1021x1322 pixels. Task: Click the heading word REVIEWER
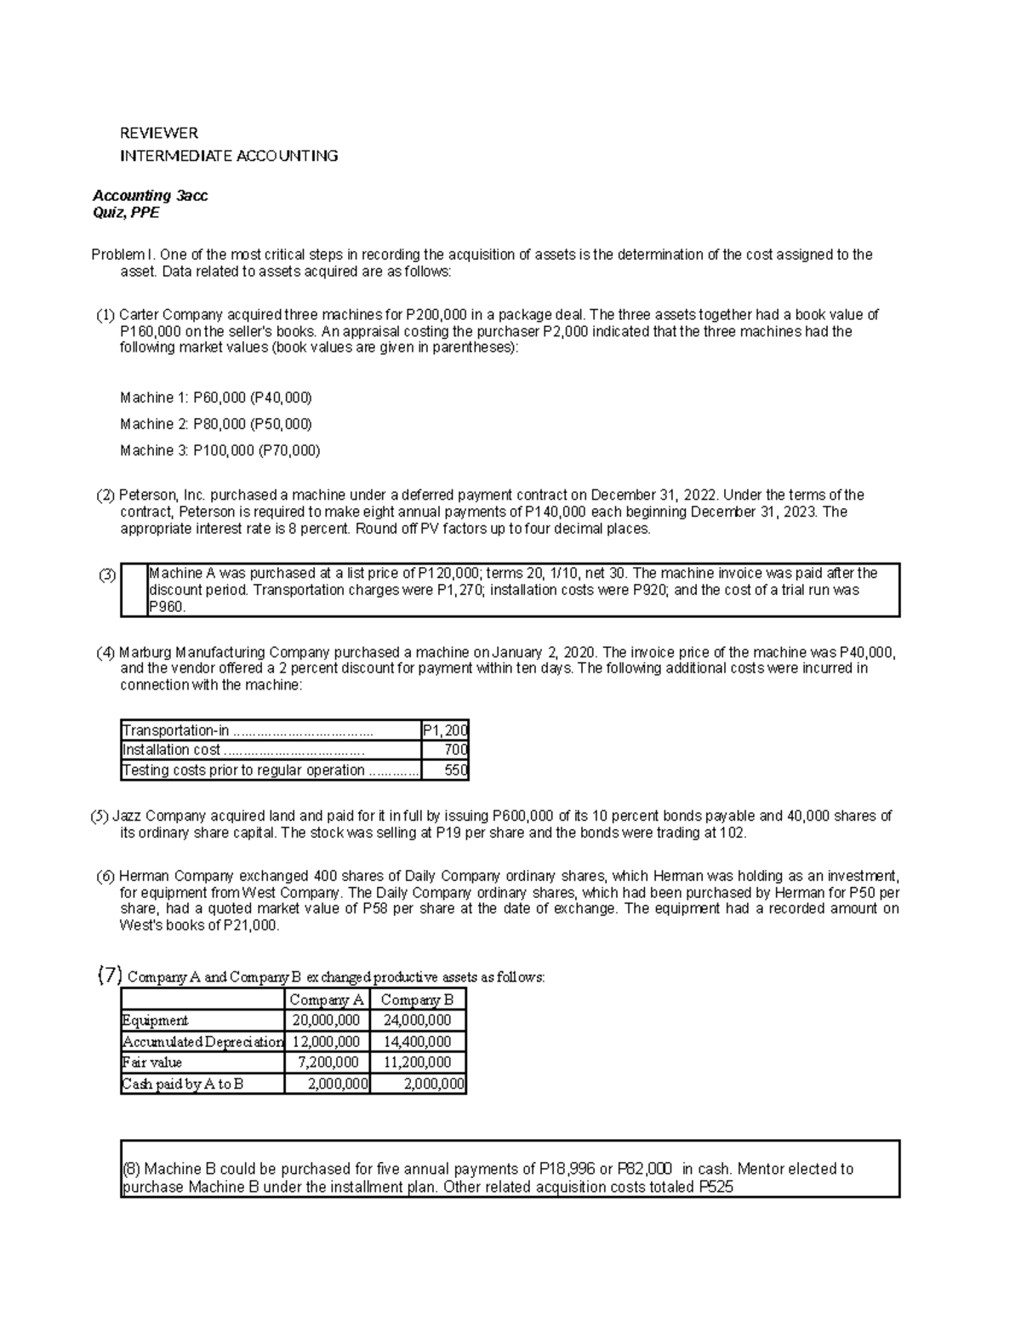[158, 133]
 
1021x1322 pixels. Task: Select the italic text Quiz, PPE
[125, 213]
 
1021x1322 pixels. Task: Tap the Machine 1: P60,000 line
[216, 398]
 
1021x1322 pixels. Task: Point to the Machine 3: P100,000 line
[220, 450]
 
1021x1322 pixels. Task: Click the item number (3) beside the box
[106, 575]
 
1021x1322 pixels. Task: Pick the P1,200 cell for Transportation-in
[445, 730]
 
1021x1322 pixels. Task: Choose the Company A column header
[327, 999]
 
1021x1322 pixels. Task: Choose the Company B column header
[417, 999]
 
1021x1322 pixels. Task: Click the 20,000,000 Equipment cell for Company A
[326, 1020]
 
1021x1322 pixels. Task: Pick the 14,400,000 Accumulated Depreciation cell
[417, 1041]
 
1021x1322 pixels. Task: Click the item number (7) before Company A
[111, 976]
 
